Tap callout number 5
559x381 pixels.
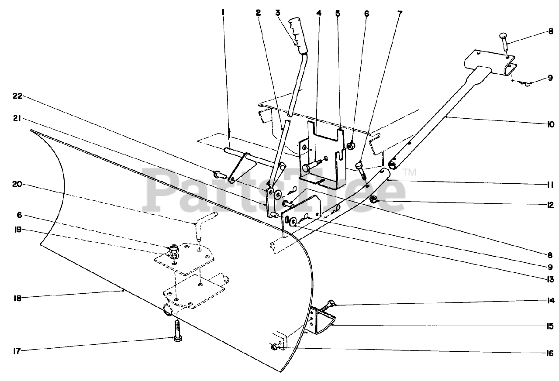point(338,13)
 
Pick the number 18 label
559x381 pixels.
point(17,298)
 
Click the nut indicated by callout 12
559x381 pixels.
point(373,200)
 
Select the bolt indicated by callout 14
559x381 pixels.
point(328,306)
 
